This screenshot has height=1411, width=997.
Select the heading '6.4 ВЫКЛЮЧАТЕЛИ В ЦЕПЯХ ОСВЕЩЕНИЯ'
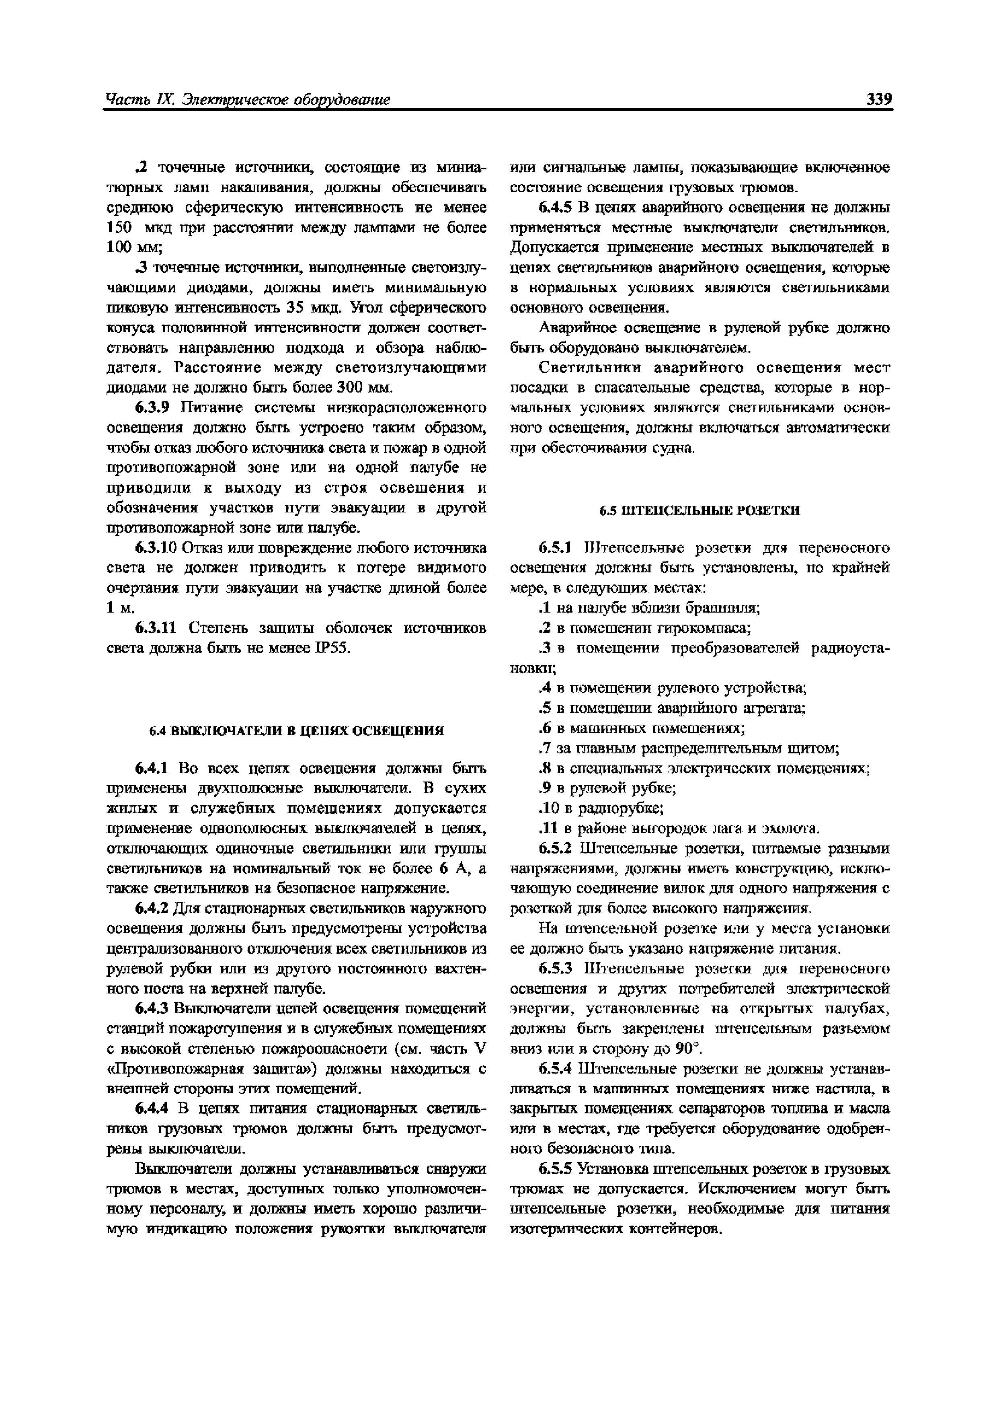point(297,731)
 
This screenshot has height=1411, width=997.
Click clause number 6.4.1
point(151,768)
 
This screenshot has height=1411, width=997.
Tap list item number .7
point(542,749)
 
